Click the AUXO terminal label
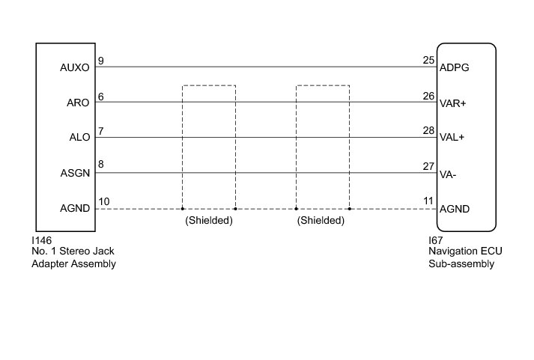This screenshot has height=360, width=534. pyautogui.click(x=73, y=67)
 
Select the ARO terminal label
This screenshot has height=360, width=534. pyautogui.click(x=79, y=103)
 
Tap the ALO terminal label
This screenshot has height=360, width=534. pyautogui.click(x=79, y=138)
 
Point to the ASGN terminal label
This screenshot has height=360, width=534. pyautogui.click(x=75, y=174)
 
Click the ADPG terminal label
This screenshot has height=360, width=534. pyautogui.click(x=454, y=67)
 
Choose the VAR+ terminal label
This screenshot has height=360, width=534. pyautogui.click(x=453, y=103)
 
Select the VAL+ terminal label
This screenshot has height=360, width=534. pyautogui.click(x=453, y=138)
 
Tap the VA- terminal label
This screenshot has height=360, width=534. pyautogui.click(x=448, y=174)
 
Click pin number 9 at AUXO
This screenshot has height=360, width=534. pyautogui.click(x=101, y=61)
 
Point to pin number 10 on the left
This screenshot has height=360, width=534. pyautogui.click(x=103, y=202)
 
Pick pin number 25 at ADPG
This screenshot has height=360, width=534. pyautogui.click(x=428, y=61)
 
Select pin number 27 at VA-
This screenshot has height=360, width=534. pyautogui.click(x=428, y=167)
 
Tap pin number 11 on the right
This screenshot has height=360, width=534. pyautogui.click(x=428, y=202)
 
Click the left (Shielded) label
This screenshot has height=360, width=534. pyautogui.click(x=209, y=221)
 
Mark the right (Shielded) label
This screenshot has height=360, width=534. pyautogui.click(x=320, y=221)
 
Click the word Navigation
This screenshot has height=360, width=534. pyautogui.click(x=443, y=251)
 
